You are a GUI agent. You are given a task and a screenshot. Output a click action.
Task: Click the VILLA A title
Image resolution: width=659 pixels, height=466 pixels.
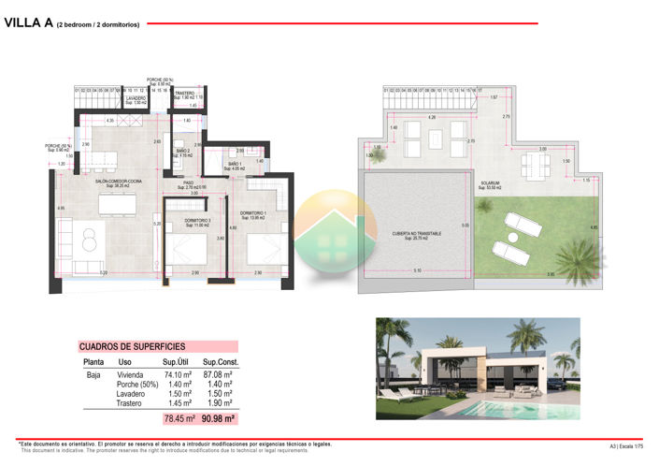click(x=27, y=23)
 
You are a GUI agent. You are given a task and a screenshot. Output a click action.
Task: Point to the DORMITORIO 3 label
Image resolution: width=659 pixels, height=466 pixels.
click(x=195, y=221)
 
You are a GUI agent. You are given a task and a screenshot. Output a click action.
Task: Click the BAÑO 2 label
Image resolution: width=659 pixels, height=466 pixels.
click(x=183, y=151)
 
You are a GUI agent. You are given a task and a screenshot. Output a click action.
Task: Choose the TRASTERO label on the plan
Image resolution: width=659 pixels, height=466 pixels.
click(x=184, y=93)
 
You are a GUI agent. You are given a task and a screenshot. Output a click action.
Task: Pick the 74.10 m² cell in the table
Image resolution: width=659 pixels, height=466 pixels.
click(x=178, y=373)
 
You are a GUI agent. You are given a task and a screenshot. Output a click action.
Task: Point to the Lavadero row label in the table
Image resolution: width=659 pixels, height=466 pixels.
click(x=131, y=394)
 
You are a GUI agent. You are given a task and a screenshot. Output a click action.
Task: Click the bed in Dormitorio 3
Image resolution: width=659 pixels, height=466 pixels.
click(x=193, y=250)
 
